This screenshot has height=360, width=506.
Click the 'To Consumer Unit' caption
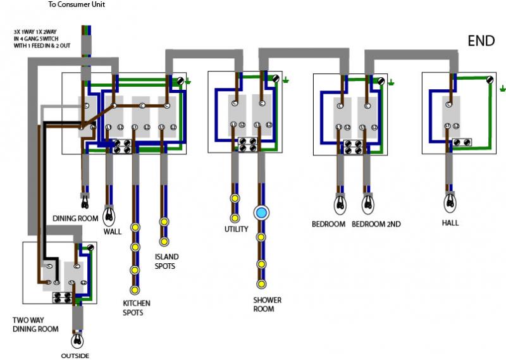point(77,5)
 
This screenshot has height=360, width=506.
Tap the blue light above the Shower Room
point(261,213)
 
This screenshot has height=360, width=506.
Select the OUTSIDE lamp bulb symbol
point(78,340)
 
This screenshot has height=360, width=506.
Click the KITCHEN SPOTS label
point(137,308)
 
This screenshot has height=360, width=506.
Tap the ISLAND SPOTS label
point(166,261)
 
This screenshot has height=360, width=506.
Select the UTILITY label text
point(236,229)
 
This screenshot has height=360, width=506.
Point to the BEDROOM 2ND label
point(376,224)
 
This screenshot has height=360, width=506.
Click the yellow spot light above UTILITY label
point(235,214)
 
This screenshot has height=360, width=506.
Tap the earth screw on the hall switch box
point(490,80)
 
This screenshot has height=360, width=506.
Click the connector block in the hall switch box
point(460,143)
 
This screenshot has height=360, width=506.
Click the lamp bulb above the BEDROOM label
point(340,204)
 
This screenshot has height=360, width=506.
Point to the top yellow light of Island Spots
point(164,222)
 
